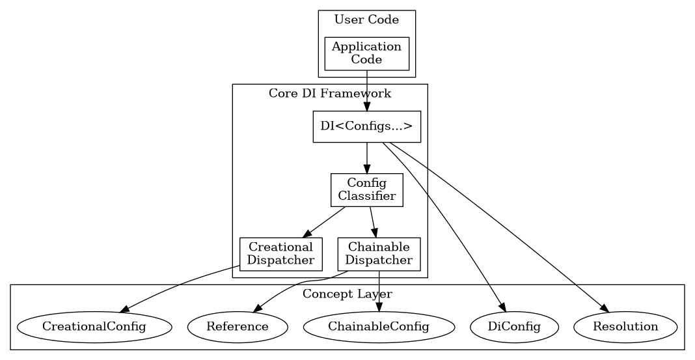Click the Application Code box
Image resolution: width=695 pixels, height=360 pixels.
click(366, 53)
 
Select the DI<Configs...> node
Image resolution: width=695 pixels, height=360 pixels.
click(366, 126)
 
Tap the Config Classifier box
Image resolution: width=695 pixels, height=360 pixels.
click(366, 190)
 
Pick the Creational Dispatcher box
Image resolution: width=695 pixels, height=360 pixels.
click(281, 254)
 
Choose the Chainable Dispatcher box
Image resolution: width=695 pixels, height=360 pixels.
click(379, 254)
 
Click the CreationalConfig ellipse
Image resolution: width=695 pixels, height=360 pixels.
click(94, 326)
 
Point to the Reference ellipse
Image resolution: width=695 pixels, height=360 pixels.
click(238, 326)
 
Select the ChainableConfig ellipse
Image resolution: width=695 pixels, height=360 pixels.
click(379, 326)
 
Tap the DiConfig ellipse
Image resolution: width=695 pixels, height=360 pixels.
click(514, 326)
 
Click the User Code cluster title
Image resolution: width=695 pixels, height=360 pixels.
click(366, 20)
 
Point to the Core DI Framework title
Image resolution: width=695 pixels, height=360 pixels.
click(330, 93)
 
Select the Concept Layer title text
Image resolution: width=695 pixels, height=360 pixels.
click(347, 294)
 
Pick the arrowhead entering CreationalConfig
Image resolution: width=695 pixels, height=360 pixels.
click(125, 309)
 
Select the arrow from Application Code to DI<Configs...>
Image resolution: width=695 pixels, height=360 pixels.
click(366, 91)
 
